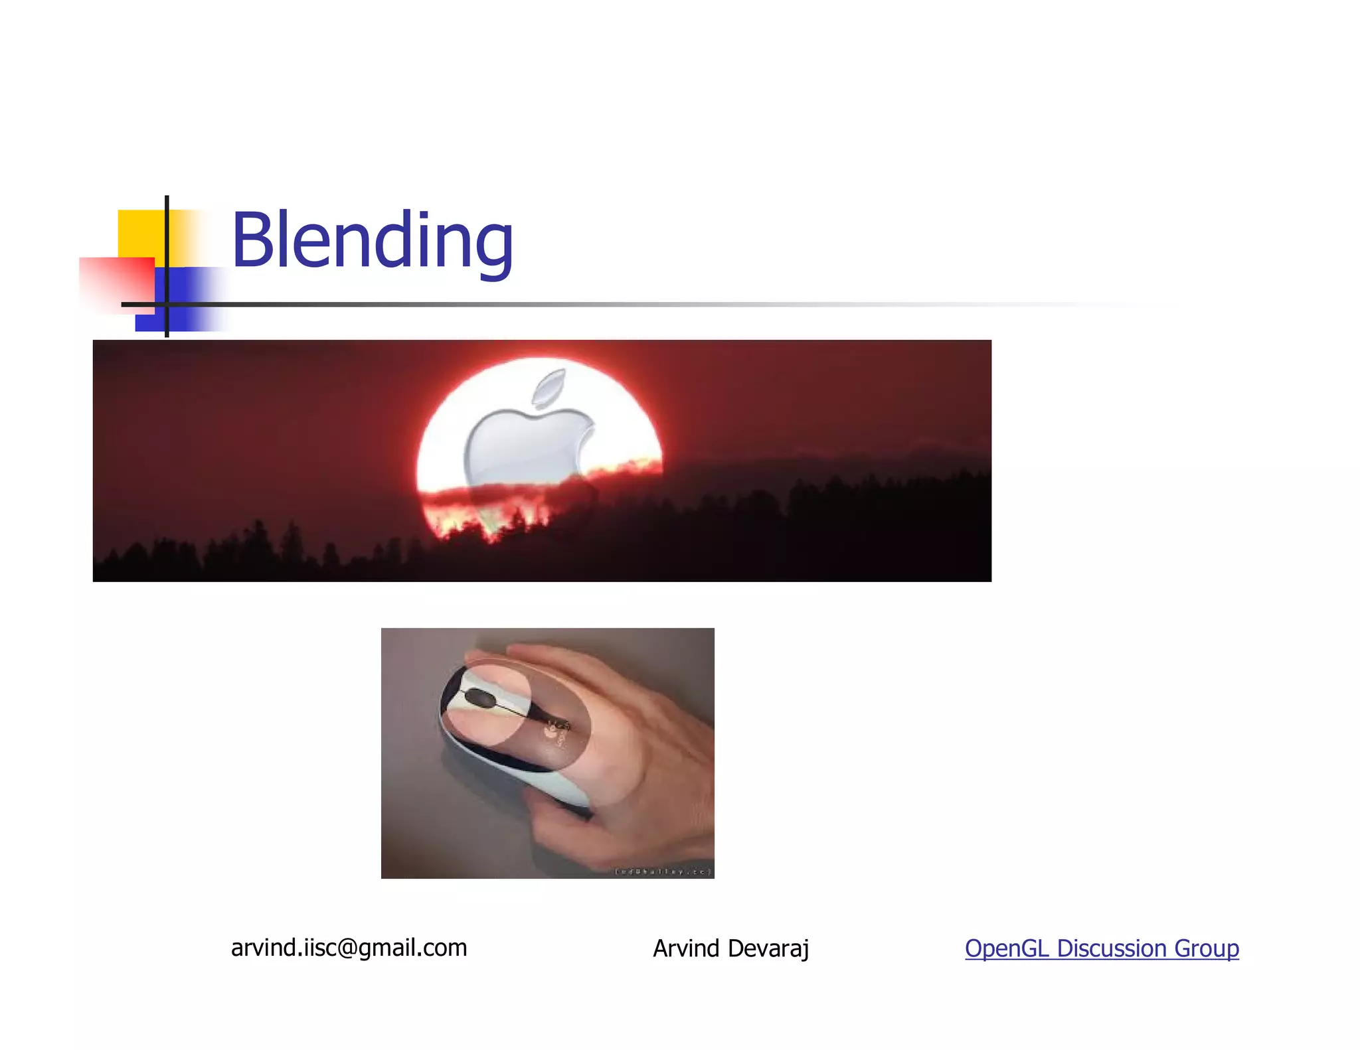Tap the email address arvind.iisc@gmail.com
[349, 948]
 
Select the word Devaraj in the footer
[768, 949]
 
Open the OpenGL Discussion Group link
[1102, 948]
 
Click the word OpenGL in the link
[1007, 948]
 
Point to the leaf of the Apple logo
[550, 387]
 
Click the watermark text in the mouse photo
[663, 871]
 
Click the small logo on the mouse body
[552, 730]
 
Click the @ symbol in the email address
[347, 948]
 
